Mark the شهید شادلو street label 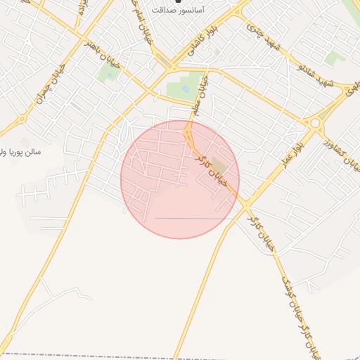coord(309,74)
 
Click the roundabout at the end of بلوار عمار coord(314,122)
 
